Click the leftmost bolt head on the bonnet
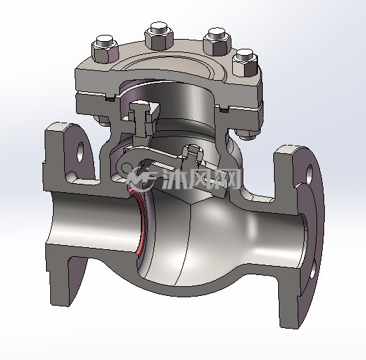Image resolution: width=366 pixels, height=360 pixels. click(x=105, y=49)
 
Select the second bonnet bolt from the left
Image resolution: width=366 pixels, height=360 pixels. click(x=160, y=36)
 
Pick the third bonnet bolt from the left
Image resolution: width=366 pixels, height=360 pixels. click(x=218, y=42)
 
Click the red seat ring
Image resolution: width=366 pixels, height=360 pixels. click(x=138, y=221)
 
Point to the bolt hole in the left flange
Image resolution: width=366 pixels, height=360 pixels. click(x=80, y=152)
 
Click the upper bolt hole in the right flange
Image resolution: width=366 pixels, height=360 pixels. click(x=310, y=173)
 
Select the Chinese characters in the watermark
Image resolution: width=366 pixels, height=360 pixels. click(x=201, y=179)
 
